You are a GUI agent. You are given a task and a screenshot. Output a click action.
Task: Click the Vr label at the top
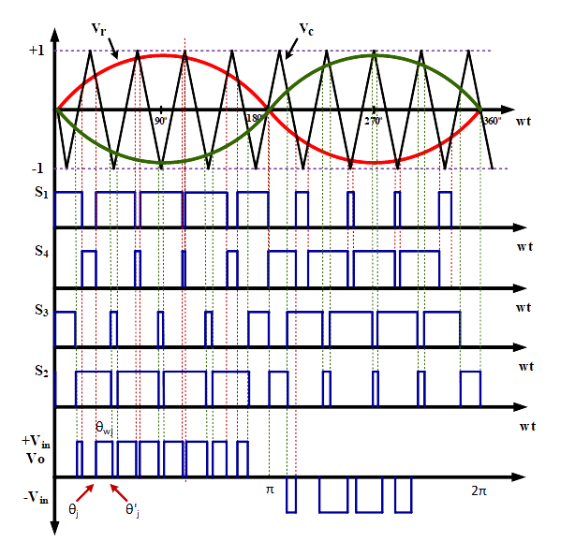click(98, 29)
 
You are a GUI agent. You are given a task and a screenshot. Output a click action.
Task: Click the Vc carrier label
click(306, 29)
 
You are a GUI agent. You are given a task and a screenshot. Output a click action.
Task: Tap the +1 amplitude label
click(37, 51)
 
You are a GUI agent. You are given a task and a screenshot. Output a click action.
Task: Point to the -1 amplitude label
click(37, 168)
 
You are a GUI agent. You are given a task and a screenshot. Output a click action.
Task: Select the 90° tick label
click(160, 121)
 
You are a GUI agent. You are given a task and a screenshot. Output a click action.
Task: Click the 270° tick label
click(374, 121)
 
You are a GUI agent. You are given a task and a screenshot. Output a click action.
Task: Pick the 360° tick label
click(493, 121)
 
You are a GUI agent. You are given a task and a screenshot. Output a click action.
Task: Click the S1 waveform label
click(41, 192)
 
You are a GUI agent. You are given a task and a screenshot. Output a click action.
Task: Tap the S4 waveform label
click(41, 251)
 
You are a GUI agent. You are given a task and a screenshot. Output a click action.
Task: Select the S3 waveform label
click(41, 310)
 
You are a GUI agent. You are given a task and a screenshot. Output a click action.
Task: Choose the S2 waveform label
click(41, 371)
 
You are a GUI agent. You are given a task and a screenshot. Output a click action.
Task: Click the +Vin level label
click(36, 441)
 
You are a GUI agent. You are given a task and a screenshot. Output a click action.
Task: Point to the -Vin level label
click(36, 498)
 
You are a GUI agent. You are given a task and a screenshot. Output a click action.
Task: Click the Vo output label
click(36, 459)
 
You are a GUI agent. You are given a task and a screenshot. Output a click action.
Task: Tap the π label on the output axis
click(270, 490)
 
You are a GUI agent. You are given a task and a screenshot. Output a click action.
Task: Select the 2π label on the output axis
click(479, 490)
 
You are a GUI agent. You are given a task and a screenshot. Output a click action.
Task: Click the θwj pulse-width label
click(104, 428)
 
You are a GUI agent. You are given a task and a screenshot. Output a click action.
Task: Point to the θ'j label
click(132, 509)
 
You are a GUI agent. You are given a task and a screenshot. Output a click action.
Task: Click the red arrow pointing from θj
click(85, 492)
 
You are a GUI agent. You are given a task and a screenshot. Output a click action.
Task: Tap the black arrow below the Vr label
click(113, 49)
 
